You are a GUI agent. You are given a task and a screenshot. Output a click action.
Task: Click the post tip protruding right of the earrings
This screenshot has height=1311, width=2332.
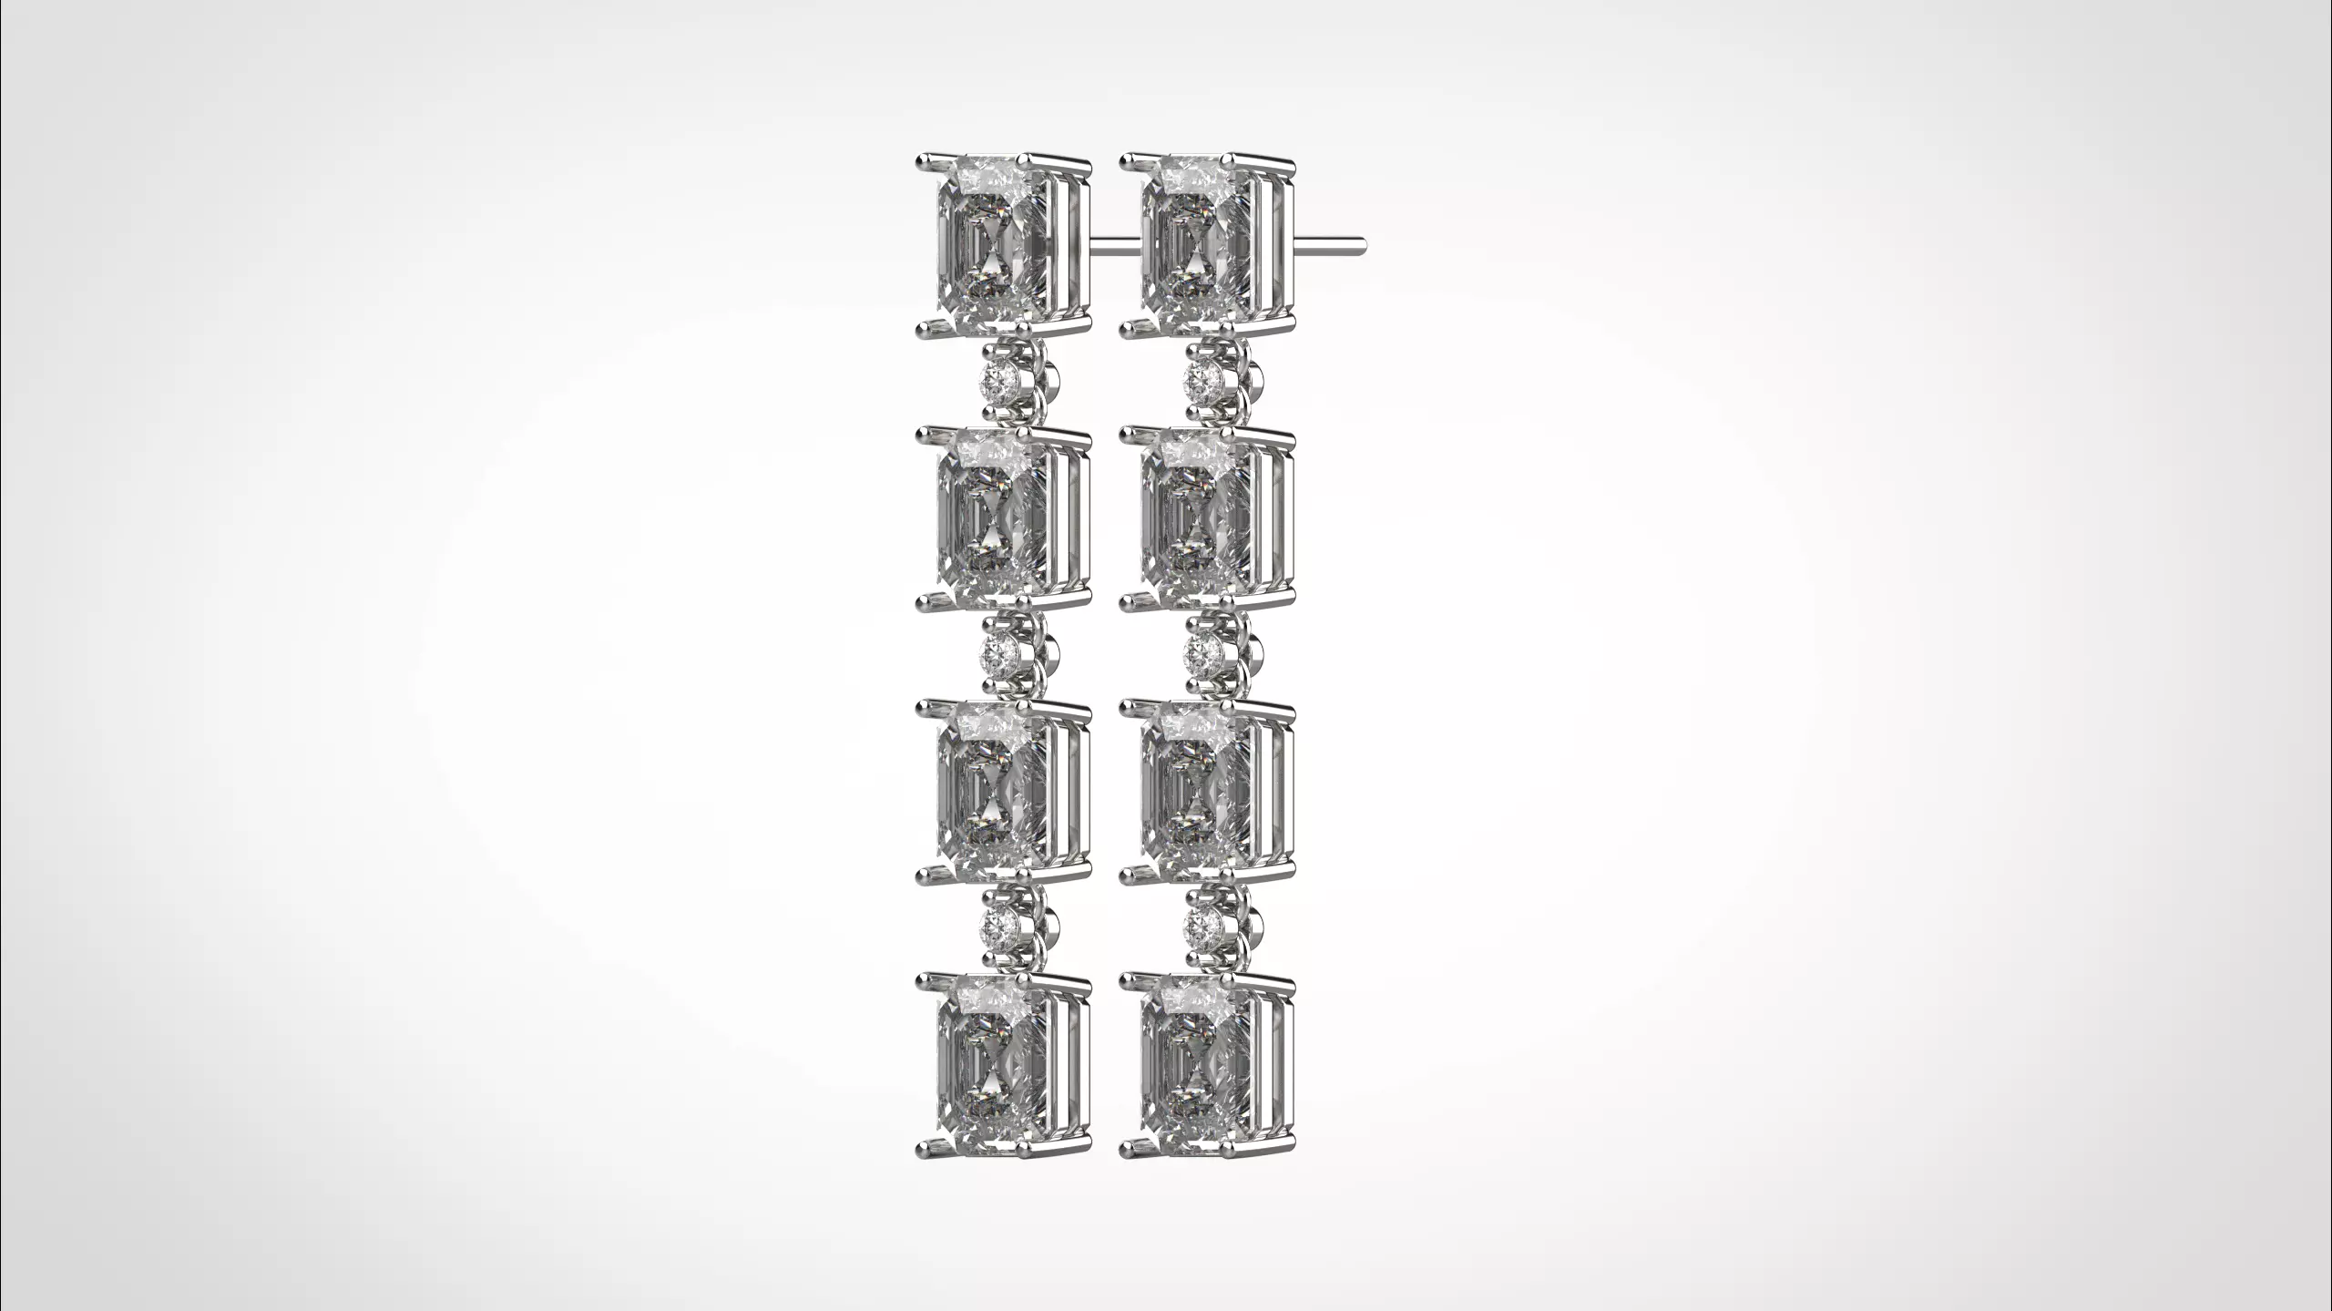pos(1360,242)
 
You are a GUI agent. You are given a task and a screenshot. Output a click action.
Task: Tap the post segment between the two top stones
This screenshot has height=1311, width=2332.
pos(1113,242)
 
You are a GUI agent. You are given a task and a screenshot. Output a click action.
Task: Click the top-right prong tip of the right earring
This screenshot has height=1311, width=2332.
pos(1291,164)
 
